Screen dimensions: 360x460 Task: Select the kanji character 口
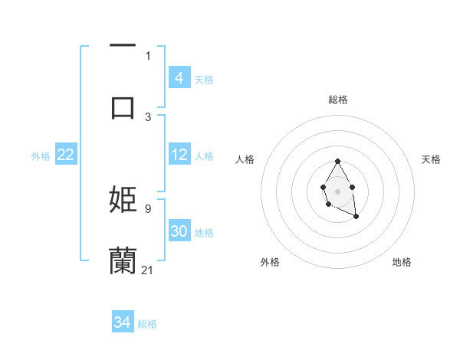123,107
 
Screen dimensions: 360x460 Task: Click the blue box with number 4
179,77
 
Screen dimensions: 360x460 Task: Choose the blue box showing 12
179,155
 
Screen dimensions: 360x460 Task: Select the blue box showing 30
179,231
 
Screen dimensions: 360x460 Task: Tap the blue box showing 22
65,155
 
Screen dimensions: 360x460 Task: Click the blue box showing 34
123,322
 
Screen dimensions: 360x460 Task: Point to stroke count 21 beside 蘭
148,270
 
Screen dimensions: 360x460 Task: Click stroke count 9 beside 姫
148,208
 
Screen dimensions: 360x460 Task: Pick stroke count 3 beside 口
148,116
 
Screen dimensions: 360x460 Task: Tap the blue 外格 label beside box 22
41,155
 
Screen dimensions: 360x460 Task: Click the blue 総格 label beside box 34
147,323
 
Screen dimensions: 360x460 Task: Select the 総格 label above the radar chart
338,100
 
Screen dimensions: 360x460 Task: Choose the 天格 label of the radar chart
431,159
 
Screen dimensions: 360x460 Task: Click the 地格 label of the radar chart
402,262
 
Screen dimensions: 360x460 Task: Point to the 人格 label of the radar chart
245,159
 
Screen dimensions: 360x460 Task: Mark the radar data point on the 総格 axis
337,162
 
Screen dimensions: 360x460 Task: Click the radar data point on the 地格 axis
356,217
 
